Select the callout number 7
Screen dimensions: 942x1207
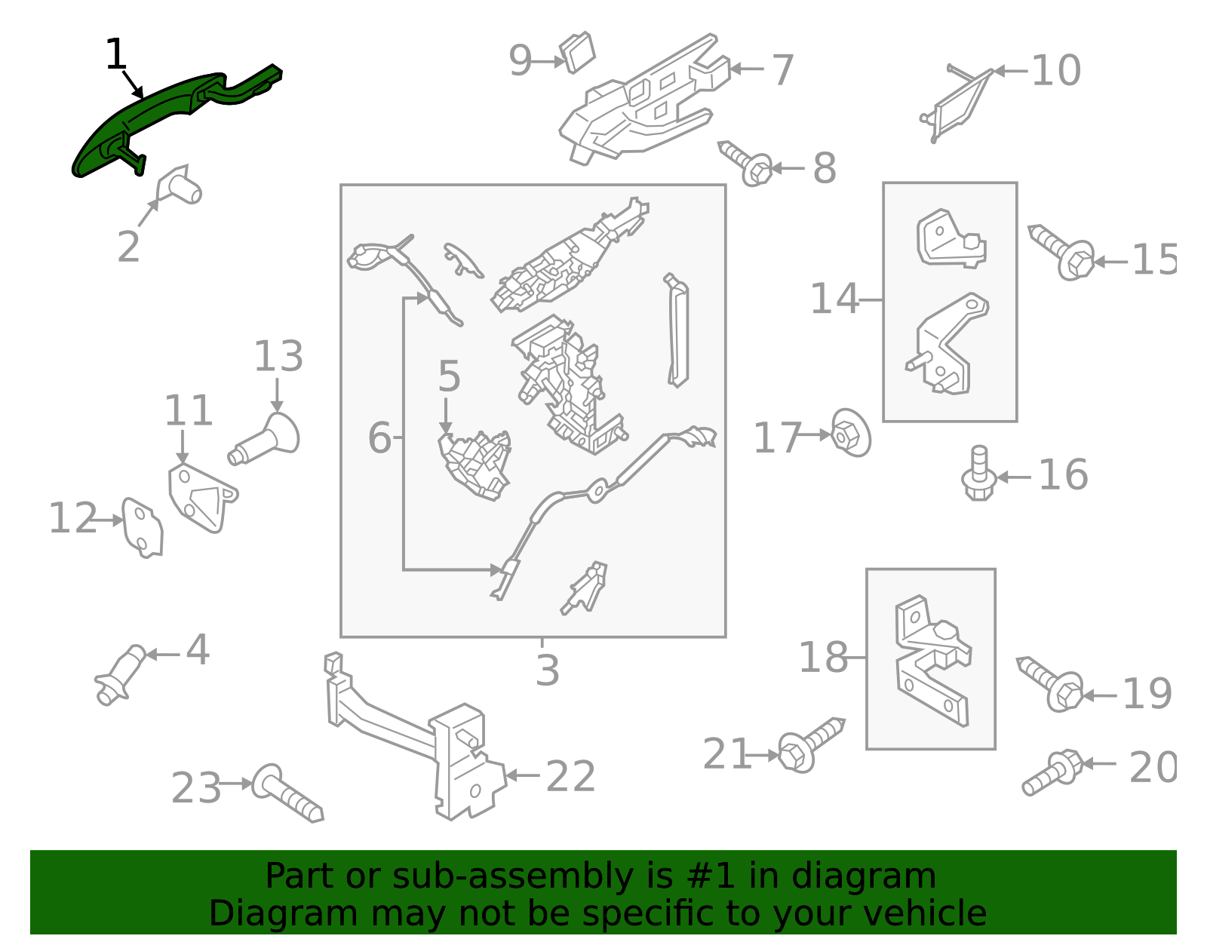[x=782, y=69]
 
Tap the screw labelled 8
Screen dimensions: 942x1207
[x=747, y=162]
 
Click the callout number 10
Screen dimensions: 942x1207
[x=1055, y=70]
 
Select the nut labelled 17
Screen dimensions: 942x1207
[x=851, y=433]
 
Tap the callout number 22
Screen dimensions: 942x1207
[x=570, y=776]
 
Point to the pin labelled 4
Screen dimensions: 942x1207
[x=121, y=674]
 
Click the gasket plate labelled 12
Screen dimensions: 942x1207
[x=143, y=526]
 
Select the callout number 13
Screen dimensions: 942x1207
[x=278, y=356]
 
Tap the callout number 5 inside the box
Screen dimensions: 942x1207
[x=449, y=376]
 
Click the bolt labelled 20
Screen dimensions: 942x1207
[x=1053, y=772]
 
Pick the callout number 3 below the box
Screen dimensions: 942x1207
[x=547, y=670]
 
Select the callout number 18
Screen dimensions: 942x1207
[x=823, y=658]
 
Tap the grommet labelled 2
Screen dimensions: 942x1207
[x=180, y=186]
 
